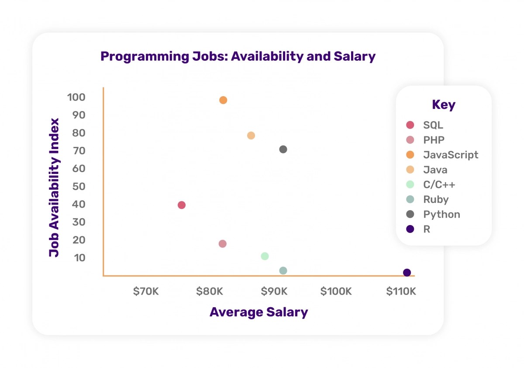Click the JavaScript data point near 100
pyautogui.click(x=223, y=100)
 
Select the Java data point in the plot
pyautogui.click(x=251, y=135)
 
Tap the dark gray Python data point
pyautogui.click(x=283, y=149)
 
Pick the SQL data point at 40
pyautogui.click(x=182, y=205)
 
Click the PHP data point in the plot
pyautogui.click(x=222, y=244)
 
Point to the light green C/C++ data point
pyautogui.click(x=265, y=256)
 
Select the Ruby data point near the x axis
pyautogui.click(x=283, y=271)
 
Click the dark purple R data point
pyautogui.click(x=407, y=273)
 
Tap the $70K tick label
pyautogui.click(x=146, y=292)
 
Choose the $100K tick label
pyautogui.click(x=336, y=292)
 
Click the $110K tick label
pyautogui.click(x=401, y=292)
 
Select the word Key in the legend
pyautogui.click(x=443, y=105)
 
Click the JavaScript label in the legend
pyautogui.click(x=451, y=155)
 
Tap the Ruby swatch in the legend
pyautogui.click(x=410, y=199)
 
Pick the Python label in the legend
pyautogui.click(x=441, y=214)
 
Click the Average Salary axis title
pyautogui.click(x=259, y=312)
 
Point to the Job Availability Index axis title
pyautogui.click(x=54, y=187)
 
